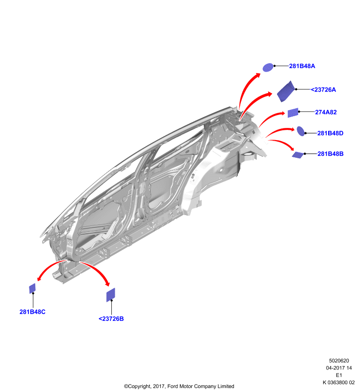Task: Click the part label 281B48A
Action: [302, 66]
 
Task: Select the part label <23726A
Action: [323, 90]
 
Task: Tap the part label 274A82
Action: [326, 112]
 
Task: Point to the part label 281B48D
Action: [330, 133]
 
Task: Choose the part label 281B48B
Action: [331, 153]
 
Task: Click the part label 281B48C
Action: [32, 312]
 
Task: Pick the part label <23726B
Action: [111, 319]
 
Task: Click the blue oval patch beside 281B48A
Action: [268, 68]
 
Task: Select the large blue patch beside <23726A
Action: [285, 92]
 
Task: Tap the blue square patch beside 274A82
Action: [293, 113]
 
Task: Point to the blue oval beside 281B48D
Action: [301, 131]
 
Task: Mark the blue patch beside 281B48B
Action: [298, 155]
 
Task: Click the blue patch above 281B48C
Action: [32, 288]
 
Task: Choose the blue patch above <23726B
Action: [110, 295]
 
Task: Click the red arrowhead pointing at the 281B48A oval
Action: [257, 75]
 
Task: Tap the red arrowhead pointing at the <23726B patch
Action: [107, 283]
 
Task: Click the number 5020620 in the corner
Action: [339, 361]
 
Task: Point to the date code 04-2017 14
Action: [339, 368]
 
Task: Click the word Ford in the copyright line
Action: [173, 386]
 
